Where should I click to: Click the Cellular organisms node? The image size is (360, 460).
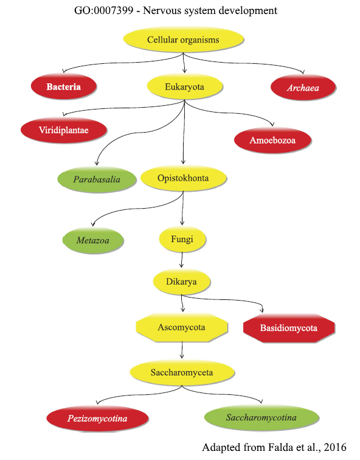[183, 40]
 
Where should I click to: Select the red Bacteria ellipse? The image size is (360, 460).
[64, 86]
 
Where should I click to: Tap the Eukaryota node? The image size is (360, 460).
[184, 86]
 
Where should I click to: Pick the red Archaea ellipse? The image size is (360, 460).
[303, 87]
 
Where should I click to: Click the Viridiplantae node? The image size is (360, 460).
[64, 130]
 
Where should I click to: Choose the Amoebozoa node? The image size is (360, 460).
[272, 140]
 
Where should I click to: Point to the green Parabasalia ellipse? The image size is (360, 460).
[97, 179]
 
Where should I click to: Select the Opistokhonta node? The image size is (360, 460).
[183, 178]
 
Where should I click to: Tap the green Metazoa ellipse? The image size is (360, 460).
[93, 240]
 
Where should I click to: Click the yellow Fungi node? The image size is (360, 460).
[182, 239]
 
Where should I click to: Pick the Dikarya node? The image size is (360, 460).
[181, 281]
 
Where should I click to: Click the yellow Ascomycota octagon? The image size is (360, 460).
[182, 327]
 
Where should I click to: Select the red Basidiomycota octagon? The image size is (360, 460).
[289, 328]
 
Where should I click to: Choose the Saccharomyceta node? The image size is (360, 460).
[182, 372]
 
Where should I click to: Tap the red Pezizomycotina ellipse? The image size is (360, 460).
[97, 419]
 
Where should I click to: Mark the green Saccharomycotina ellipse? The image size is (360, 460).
[261, 417]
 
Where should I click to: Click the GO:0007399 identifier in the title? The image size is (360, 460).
[104, 10]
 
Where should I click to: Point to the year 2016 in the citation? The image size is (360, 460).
[336, 447]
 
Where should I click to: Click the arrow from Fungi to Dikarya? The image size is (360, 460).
[182, 260]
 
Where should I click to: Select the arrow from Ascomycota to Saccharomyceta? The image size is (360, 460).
[182, 350]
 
